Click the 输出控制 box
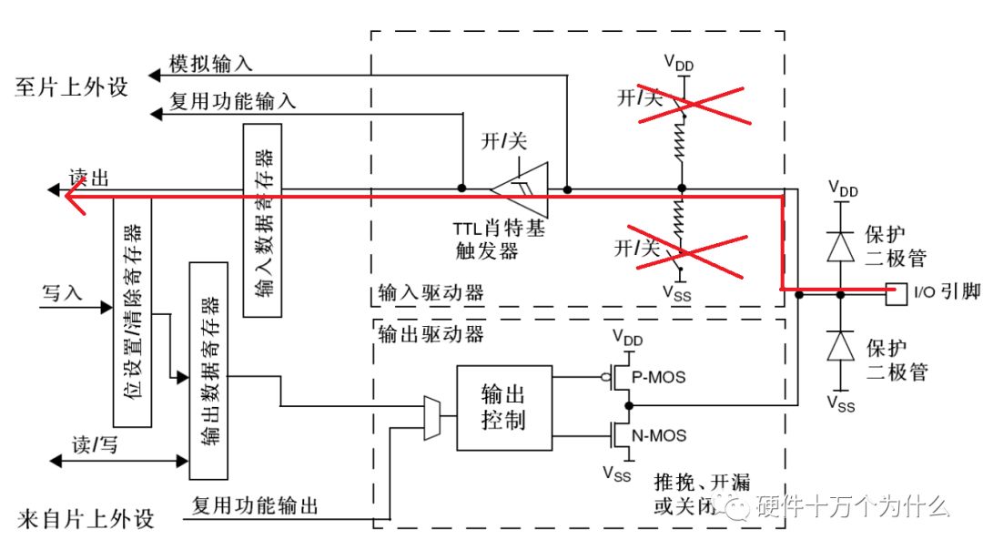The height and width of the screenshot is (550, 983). pyautogui.click(x=503, y=408)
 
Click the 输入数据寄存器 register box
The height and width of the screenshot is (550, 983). pyautogui.click(x=263, y=219)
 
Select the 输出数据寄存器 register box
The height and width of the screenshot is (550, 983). pyautogui.click(x=208, y=370)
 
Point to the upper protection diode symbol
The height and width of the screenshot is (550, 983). pyautogui.click(x=840, y=243)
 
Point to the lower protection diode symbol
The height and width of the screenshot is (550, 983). pyautogui.click(x=840, y=347)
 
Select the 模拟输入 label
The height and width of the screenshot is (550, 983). pyautogui.click(x=211, y=64)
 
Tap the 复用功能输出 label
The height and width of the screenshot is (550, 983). pyautogui.click(x=256, y=506)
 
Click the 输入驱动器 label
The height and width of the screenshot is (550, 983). pyautogui.click(x=430, y=293)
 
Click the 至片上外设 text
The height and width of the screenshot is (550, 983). pyautogui.click(x=72, y=87)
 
